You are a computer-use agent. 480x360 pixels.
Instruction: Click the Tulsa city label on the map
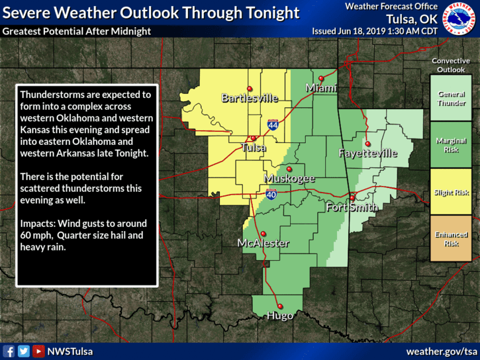(x=254, y=148)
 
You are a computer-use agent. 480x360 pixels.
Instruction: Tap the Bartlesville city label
(x=250, y=99)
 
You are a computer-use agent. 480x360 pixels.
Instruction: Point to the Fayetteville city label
(x=367, y=154)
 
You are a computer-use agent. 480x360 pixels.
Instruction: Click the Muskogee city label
(x=289, y=179)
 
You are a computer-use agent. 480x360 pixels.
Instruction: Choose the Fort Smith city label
(x=352, y=208)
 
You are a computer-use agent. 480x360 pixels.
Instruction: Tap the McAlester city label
(x=263, y=244)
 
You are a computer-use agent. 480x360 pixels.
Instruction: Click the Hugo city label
(x=279, y=316)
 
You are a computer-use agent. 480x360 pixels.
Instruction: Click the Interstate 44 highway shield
(x=273, y=124)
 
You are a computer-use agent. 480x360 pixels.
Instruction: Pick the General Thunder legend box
(x=451, y=99)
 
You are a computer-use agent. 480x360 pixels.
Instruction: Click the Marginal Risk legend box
(x=451, y=145)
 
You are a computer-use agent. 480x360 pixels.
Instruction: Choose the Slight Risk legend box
(x=451, y=192)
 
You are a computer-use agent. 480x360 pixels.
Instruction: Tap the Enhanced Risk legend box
(x=451, y=238)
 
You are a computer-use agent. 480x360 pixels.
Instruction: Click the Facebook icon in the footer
(x=9, y=351)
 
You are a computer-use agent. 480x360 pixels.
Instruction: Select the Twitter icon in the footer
(x=24, y=351)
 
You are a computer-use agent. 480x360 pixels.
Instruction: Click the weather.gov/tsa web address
(x=441, y=351)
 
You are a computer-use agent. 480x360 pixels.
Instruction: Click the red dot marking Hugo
(x=280, y=306)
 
